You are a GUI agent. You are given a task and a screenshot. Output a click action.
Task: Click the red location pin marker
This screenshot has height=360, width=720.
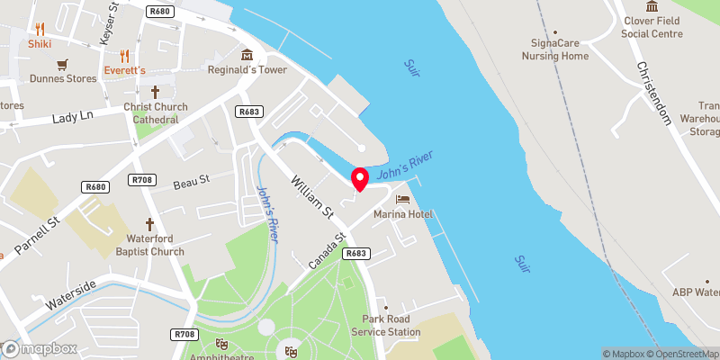coord(359,178)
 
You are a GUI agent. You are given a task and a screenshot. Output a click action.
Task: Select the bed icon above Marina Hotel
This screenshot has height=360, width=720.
coord(401,198)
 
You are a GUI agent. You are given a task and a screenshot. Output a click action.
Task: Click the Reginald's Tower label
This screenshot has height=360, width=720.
coord(247,70)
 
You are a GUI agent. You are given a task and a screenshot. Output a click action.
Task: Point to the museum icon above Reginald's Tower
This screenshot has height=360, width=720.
coord(246,54)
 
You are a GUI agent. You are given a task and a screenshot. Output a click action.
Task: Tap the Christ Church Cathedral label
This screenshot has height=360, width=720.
coord(156,113)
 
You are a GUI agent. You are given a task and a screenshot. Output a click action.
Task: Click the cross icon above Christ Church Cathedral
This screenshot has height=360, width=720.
coord(155,92)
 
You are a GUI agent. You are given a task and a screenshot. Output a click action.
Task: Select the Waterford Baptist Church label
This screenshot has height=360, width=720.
coord(150,246)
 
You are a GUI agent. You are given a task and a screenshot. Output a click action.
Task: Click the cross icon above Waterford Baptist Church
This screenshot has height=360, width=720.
coord(150,224)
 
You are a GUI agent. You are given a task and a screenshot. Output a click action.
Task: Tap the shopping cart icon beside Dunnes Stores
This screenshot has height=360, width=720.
coord(62,65)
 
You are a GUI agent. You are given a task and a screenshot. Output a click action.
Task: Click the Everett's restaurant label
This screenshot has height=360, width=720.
coord(124,70)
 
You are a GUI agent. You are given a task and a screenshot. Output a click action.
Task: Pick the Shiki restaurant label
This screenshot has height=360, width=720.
coord(40,43)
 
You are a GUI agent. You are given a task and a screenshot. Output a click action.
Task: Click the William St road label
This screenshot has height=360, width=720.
coord(312,195)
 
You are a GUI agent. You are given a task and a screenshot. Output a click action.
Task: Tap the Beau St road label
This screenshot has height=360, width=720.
coord(191,181)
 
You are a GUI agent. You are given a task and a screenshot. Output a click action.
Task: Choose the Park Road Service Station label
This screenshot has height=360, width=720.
coord(391,326)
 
